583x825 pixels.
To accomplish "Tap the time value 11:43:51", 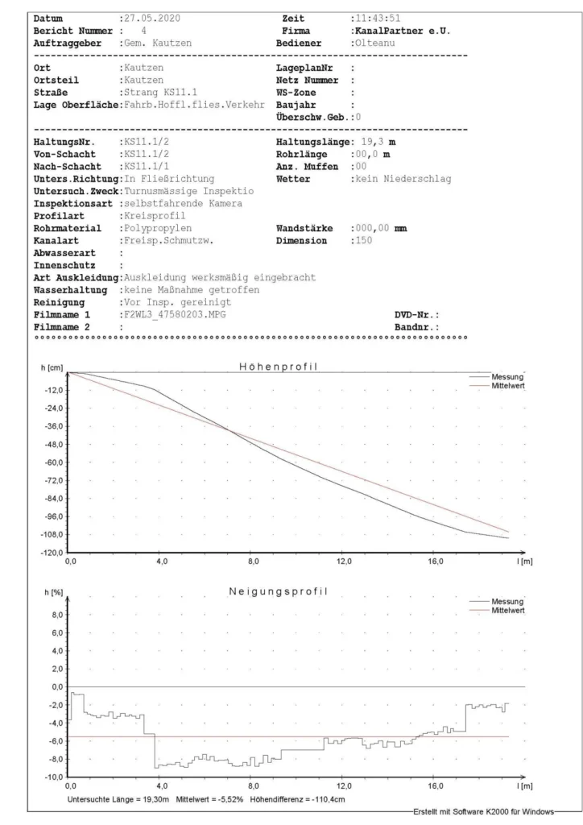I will (x=380, y=18).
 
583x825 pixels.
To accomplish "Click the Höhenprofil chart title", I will (x=278, y=367).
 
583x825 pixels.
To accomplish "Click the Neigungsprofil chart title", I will (x=278, y=592).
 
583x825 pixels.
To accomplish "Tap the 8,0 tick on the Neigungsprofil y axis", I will (x=56, y=615).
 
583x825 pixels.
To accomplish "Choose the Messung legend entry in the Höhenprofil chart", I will (x=510, y=376).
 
